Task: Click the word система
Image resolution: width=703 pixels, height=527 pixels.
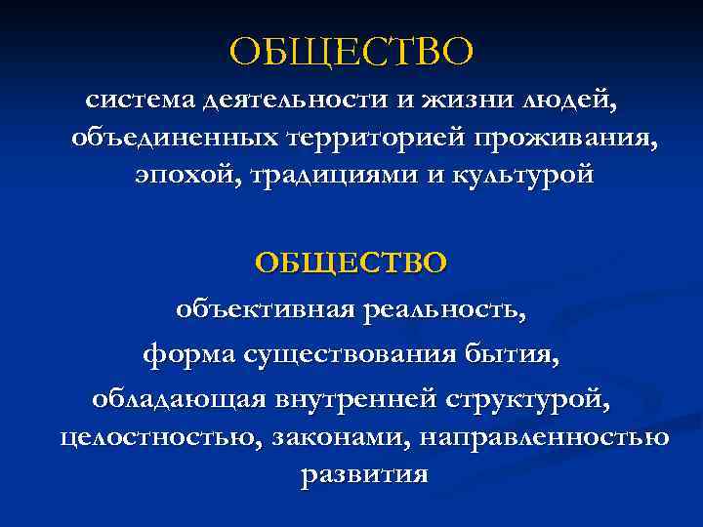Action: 139,99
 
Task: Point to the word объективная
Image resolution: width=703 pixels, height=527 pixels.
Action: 263,311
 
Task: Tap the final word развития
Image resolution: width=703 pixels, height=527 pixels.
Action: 364,474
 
